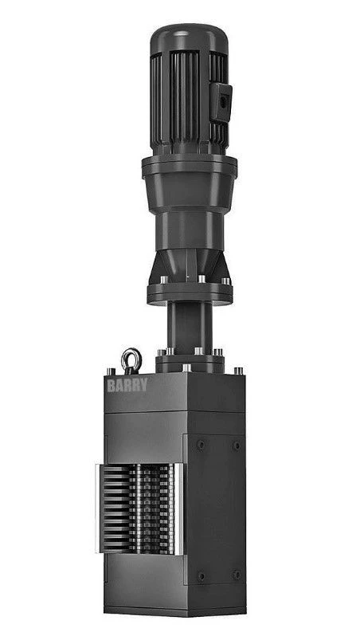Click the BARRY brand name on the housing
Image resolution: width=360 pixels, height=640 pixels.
(127, 386)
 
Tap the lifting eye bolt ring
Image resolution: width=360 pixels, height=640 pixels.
(131, 360)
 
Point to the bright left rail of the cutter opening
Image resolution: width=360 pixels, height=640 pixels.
(99, 507)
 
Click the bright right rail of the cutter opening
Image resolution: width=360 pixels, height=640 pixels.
(179, 508)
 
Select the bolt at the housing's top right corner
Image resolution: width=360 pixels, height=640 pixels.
(238, 371)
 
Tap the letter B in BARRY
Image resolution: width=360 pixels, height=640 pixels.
(111, 386)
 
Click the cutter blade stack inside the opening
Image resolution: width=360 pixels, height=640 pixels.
(140, 508)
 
